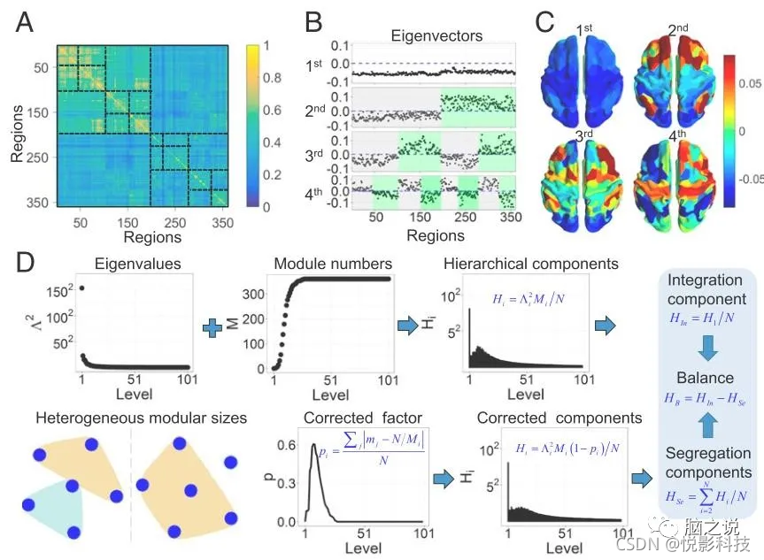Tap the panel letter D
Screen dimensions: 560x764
25,264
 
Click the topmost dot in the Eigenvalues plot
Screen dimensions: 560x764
82,288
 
